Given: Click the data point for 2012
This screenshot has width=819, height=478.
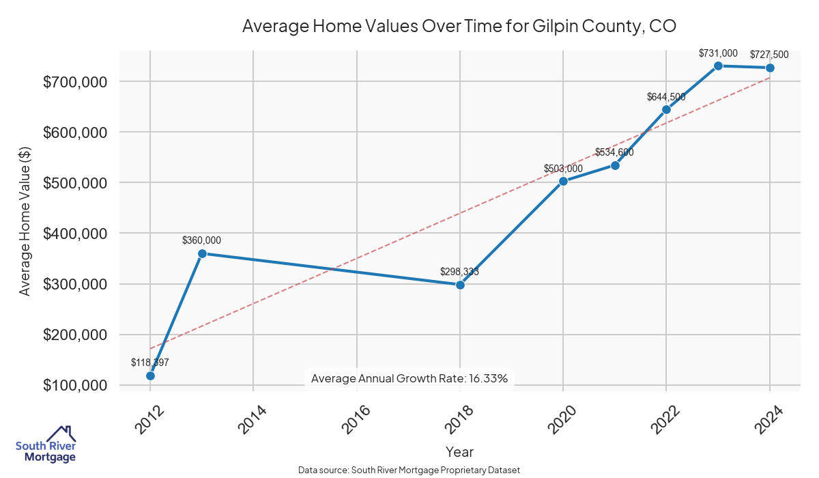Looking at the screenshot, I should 150,376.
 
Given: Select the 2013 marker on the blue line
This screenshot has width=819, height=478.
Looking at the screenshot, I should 202,253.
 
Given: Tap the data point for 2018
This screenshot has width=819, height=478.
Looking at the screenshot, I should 460,285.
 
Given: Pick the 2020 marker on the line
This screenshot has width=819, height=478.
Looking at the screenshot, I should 563,181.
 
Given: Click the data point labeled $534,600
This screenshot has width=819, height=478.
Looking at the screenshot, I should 615,165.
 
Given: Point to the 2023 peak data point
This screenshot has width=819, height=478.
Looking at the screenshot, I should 718,66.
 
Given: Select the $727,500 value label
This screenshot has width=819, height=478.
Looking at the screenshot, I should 769,55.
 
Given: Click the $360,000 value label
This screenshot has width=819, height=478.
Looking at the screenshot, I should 201,240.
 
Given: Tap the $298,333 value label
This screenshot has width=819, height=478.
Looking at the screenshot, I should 459,272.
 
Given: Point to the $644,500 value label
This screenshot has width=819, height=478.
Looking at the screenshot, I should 666,97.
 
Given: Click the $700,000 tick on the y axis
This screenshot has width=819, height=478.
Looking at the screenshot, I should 74,82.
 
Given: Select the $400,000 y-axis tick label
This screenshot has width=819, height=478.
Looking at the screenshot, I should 74,234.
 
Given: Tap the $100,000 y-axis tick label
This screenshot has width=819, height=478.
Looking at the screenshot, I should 74,386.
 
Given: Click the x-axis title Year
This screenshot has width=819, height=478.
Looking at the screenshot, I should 459,452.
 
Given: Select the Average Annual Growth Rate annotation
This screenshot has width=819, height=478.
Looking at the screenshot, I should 409,378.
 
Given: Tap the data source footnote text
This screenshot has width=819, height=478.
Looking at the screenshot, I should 409,470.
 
